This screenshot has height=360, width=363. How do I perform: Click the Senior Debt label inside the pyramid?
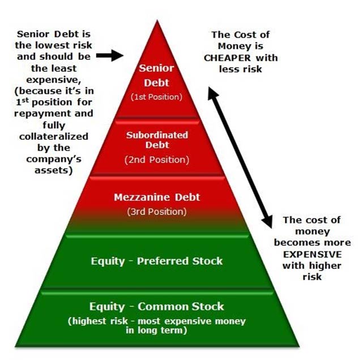click(156, 76)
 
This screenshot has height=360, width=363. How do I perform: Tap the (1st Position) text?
click(156, 97)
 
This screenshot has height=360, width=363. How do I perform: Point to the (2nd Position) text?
click(156, 160)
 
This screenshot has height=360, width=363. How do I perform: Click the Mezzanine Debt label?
click(156, 198)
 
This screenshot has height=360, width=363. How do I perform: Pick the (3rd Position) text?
click(156, 212)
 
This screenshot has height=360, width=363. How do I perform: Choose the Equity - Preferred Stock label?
click(157, 261)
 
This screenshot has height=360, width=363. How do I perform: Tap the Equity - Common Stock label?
click(157, 306)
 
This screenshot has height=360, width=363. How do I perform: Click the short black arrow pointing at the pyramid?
click(110, 55)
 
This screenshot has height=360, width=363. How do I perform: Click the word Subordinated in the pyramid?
click(156, 136)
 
